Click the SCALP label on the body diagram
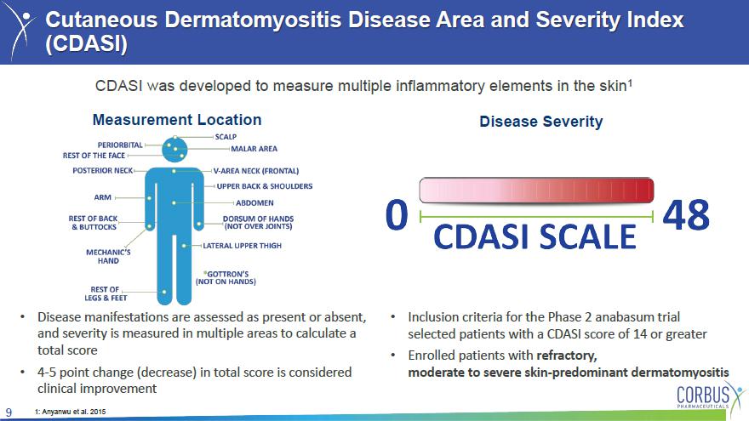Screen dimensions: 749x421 (226, 137)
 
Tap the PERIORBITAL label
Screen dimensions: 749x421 (120, 145)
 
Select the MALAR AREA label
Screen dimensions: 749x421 (254, 149)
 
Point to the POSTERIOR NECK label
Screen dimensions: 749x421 (103, 170)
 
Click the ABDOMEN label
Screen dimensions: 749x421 (254, 203)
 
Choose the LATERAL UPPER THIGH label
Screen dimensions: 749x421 (243, 246)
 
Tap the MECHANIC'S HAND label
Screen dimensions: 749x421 (108, 256)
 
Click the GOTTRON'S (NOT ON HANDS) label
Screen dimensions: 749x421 (226, 278)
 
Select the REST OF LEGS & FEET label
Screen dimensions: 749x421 (106, 293)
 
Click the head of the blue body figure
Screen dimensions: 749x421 (174, 150)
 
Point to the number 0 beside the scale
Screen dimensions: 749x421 (397, 215)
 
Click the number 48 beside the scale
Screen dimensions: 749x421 (686, 215)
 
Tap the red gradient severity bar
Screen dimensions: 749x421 (536, 190)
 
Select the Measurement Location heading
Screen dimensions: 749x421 (177, 120)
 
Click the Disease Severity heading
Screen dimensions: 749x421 (541, 122)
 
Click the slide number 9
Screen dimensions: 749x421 (9, 412)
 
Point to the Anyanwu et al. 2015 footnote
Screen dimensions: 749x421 (70, 412)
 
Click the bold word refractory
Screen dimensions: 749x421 (567, 356)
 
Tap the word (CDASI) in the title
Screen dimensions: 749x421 (87, 43)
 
